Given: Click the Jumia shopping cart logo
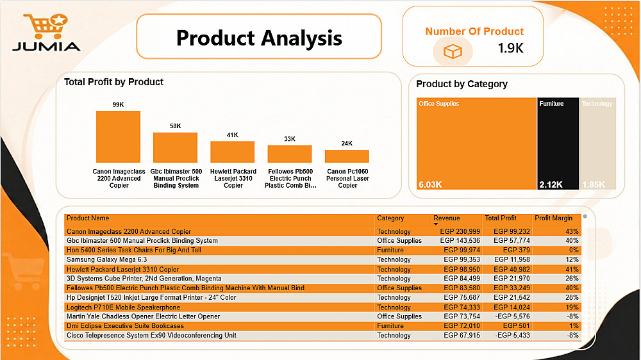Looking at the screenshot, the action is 46,27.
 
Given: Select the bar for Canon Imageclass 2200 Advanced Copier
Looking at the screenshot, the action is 118,137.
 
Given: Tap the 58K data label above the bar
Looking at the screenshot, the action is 176,126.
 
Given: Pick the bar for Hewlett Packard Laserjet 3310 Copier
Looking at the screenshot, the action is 232,152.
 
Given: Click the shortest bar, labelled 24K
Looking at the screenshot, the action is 347,156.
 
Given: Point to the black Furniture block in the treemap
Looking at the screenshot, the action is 558,143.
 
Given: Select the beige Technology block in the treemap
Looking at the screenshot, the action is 597,143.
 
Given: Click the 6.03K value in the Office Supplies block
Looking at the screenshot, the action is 430,184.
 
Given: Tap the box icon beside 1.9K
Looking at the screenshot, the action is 453,51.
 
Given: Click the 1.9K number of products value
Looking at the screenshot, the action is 511,48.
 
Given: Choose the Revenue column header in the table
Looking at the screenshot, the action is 446,218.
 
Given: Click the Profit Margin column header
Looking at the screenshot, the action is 554,218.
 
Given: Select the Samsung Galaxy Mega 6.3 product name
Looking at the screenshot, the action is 106,259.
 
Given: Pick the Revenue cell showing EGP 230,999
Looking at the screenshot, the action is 460,231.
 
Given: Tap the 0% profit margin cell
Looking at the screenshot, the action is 574,250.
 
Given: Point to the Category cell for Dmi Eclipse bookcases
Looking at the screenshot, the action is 390,325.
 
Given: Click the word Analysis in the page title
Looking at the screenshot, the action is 301,38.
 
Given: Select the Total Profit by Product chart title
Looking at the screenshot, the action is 113,82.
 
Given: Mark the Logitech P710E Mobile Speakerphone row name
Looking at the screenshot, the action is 124,307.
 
